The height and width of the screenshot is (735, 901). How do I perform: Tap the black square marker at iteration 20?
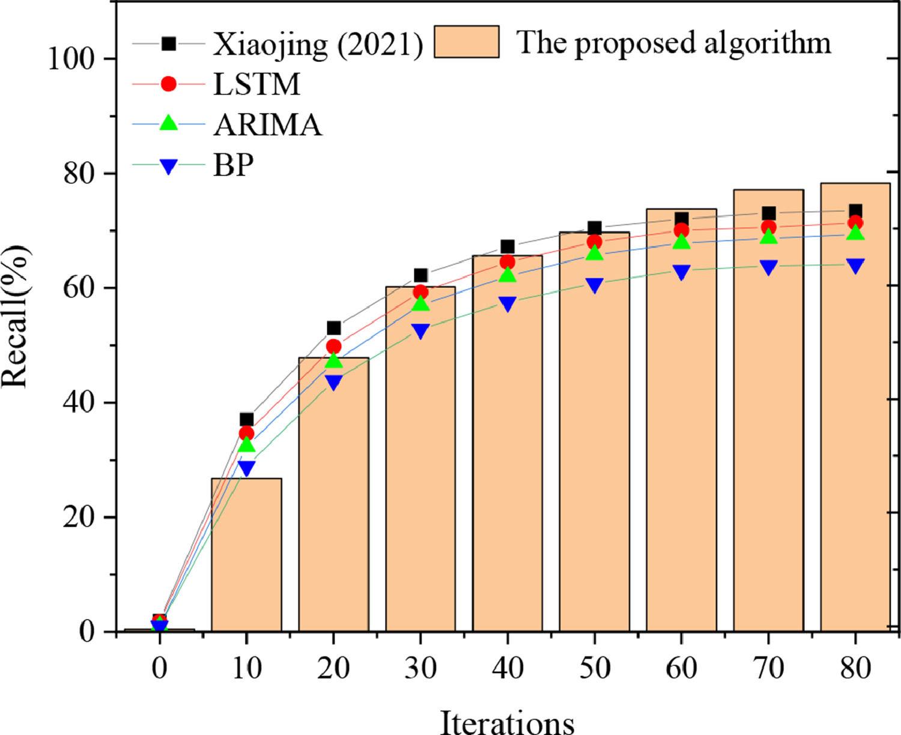click(333, 328)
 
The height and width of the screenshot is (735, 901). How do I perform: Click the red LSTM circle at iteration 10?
click(246, 433)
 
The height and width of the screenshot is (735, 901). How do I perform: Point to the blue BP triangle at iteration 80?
click(855, 266)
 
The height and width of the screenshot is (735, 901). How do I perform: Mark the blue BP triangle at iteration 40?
click(508, 304)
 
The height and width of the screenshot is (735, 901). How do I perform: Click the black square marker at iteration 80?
click(855, 211)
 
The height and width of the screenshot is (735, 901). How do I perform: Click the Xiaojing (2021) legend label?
click(318, 44)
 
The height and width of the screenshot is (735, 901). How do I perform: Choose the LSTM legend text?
click(256, 85)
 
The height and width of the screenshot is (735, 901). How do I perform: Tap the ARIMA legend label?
click(267, 124)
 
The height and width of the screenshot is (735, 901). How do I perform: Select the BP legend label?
click(233, 164)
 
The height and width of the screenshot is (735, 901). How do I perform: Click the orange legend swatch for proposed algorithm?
click(467, 41)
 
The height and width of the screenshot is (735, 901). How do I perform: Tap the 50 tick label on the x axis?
click(595, 668)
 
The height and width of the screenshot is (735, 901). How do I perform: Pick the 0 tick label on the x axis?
click(159, 668)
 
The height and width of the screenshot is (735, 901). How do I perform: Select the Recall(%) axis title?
click(17, 316)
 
